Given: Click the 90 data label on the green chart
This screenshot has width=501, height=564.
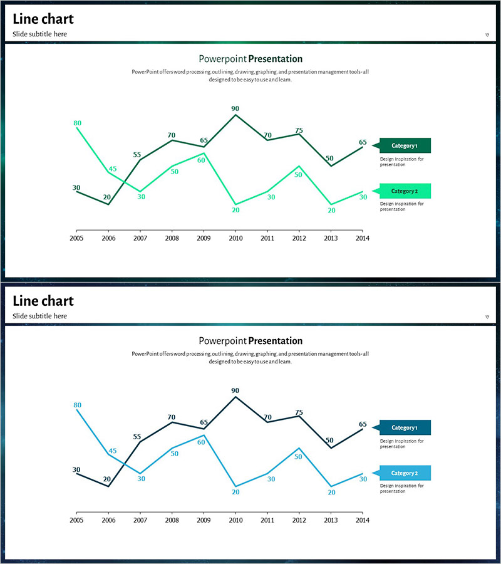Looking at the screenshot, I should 235,108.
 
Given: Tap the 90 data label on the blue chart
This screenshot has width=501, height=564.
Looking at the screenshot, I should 235,390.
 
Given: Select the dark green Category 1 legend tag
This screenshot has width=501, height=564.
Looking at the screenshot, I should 404,146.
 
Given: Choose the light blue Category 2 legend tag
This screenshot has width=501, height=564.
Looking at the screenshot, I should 404,473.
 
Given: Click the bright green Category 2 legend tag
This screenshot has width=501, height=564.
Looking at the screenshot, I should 404,191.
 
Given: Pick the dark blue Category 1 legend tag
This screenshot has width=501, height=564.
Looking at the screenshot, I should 404,428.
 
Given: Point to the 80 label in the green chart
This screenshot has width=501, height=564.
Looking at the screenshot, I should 78,123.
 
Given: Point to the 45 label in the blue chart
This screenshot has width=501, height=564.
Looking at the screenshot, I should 113,451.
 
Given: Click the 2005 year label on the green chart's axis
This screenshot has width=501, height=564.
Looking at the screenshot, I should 76,238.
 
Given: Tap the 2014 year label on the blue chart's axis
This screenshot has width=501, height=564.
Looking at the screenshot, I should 363,520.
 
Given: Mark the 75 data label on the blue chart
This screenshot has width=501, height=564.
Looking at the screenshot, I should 299,412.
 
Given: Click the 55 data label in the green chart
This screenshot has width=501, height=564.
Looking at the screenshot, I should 137,155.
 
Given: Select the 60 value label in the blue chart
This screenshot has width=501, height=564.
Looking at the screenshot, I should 201,442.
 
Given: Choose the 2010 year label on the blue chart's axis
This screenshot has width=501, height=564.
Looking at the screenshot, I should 235,520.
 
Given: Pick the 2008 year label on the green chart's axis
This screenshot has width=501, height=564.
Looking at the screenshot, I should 172,238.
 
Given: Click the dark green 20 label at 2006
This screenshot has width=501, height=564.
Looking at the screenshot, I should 107,197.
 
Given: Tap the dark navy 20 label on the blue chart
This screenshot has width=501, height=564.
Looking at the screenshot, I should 107,479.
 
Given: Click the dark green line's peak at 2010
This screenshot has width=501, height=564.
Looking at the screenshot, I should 235,114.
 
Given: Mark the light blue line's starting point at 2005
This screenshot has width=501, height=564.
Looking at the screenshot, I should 76,410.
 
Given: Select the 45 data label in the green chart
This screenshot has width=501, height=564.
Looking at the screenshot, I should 113,169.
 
